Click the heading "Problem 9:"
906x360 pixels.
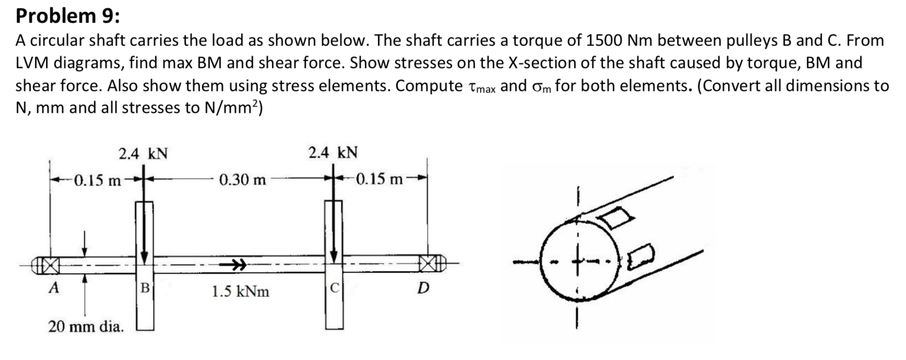tap(68, 16)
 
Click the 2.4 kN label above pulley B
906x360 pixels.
tap(143, 154)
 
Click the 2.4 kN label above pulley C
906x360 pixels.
tap(333, 153)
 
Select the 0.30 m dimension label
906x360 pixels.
tap(242, 181)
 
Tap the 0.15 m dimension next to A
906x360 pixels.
tap(97, 181)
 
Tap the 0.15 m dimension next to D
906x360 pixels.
tap(379, 179)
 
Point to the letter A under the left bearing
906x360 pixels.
tap(53, 287)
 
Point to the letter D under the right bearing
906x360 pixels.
tap(424, 287)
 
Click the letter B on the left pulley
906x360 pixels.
tap(145, 287)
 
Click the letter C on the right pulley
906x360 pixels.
tap(335, 287)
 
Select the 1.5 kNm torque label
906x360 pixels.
tap(240, 291)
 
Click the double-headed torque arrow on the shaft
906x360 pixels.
tap(233, 265)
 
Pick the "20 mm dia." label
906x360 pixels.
tap(86, 327)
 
